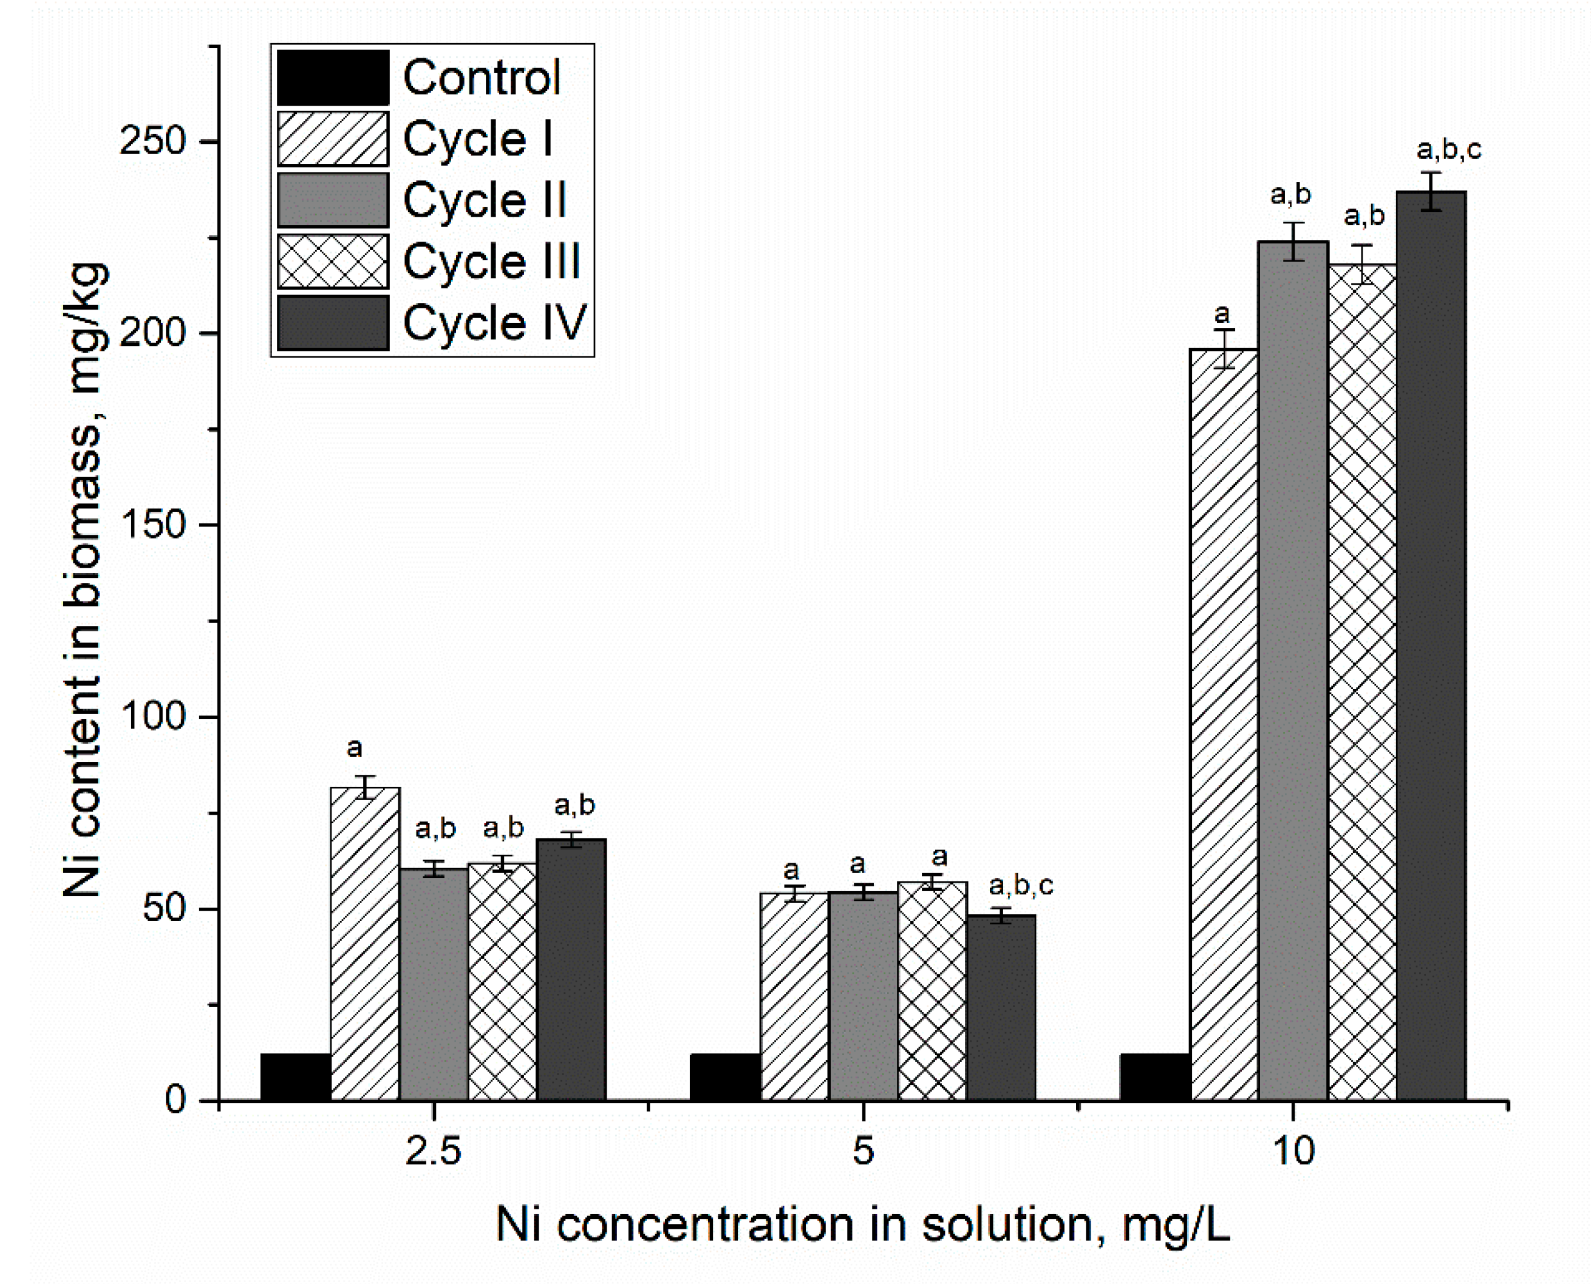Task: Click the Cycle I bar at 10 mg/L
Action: coord(1224,725)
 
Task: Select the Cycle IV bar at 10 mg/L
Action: coord(1431,644)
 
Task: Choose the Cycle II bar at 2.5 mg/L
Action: coord(434,983)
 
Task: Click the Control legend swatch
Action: coord(333,78)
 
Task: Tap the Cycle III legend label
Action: coord(492,261)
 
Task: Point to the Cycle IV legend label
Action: coord(495,323)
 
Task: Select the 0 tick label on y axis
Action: coord(175,1100)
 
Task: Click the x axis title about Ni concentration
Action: coord(862,1225)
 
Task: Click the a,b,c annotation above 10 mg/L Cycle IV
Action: coord(1448,150)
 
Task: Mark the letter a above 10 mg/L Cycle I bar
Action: coord(1222,314)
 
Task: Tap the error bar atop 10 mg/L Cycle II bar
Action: coord(1293,241)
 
